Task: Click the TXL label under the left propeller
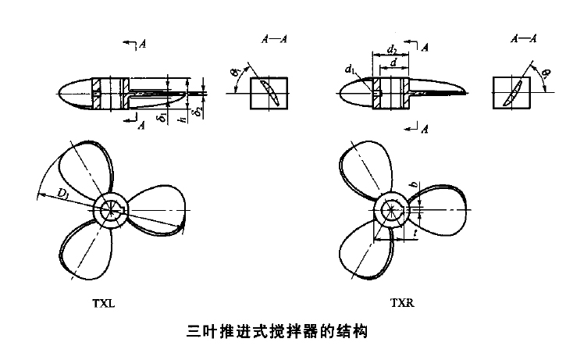tap(103, 304)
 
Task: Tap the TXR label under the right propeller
tap(402, 304)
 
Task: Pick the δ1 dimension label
tap(161, 118)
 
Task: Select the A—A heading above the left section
tap(271, 39)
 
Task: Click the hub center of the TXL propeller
tap(112, 211)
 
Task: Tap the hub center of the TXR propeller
tap(392, 211)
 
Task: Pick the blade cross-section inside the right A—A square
tap(512, 92)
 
